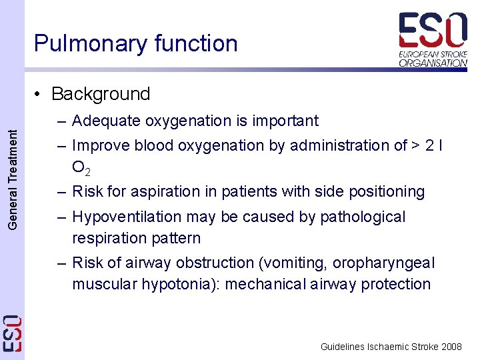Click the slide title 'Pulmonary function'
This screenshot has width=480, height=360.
pyautogui.click(x=135, y=43)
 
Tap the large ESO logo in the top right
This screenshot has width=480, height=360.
pyautogui.click(x=433, y=30)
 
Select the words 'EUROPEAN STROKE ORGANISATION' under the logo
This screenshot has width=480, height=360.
pyautogui.click(x=433, y=58)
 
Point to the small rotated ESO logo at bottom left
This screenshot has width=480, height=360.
pyautogui.click(x=13, y=333)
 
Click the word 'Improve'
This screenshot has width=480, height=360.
pyautogui.click(x=101, y=145)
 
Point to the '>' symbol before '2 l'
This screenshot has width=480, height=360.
pyautogui.click(x=413, y=145)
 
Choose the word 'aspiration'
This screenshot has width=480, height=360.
pyautogui.click(x=162, y=192)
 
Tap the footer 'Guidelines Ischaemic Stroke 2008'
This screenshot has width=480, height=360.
pyautogui.click(x=391, y=347)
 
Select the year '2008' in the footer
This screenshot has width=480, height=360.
pyautogui.click(x=451, y=347)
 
